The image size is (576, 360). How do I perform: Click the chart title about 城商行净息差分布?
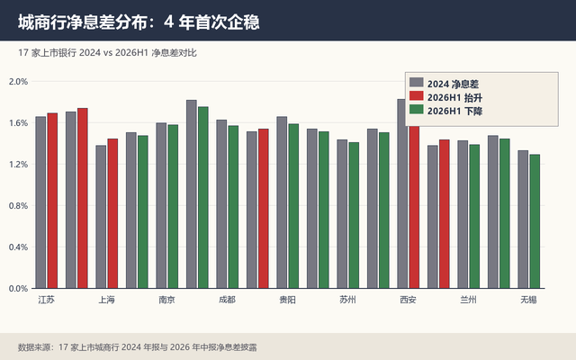139,22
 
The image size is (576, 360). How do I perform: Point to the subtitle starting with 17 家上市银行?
107,53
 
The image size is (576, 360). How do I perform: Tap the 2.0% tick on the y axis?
18,82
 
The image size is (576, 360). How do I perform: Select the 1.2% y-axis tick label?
18,165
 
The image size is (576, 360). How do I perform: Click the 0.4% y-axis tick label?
18,247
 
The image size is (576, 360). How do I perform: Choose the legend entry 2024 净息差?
444,84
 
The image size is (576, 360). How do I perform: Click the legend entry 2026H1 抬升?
445,97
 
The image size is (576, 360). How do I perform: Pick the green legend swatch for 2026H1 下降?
416,110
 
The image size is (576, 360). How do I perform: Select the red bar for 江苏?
52,201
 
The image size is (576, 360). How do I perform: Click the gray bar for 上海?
101,217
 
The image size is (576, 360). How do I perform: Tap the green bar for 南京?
173,206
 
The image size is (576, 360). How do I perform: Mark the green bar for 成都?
233,207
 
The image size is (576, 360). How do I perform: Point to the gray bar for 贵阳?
282,202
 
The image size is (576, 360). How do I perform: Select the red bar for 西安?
414,207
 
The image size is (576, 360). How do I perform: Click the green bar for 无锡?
535,221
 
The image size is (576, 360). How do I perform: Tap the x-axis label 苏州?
347,300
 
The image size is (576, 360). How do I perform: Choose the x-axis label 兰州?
468,300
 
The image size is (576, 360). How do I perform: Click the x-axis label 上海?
106,300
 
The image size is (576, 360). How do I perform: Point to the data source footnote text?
138,347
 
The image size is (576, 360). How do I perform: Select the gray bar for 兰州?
463,214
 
